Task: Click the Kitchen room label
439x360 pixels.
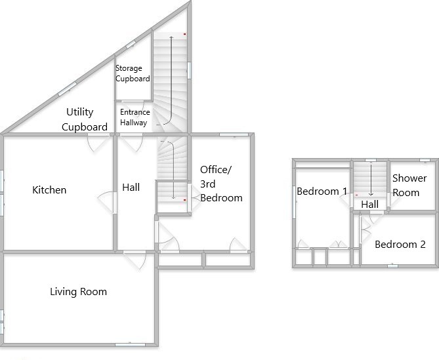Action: tap(49, 190)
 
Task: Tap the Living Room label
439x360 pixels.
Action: tap(78, 292)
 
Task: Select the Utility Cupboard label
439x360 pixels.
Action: tap(84, 119)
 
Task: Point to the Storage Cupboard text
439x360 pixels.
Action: tap(133, 73)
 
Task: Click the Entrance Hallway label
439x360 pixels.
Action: tap(135, 117)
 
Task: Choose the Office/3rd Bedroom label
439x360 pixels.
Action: tap(221, 184)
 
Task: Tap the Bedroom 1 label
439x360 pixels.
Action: tap(322, 191)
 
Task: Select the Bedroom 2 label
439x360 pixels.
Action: tap(400, 245)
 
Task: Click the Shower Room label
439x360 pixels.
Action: tap(409, 185)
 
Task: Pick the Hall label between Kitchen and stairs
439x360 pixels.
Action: tap(131, 188)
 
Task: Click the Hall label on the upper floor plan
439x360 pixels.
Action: tap(370, 205)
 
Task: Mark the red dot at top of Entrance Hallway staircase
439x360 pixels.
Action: tap(185, 34)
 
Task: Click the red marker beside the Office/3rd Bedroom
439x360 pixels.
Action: tap(185, 200)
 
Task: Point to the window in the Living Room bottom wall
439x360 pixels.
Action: tap(130, 345)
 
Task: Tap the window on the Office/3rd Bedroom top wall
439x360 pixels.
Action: tap(234, 135)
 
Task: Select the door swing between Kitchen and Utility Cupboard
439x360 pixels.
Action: tap(98, 143)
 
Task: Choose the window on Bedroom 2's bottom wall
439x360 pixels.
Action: tap(392, 266)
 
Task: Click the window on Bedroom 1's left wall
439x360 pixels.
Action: tap(294, 202)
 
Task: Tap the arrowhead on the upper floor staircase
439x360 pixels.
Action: tap(371, 194)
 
